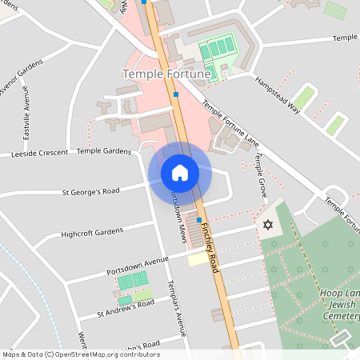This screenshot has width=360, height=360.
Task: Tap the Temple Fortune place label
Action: pyautogui.click(x=166, y=74)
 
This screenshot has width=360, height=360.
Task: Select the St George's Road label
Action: pyautogui.click(x=90, y=191)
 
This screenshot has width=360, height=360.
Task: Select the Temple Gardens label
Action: pyautogui.click(x=103, y=150)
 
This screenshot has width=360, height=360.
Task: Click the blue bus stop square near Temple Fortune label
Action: pyautogui.click(x=175, y=94)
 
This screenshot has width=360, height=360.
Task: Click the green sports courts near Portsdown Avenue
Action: pyautogui.click(x=133, y=281)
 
